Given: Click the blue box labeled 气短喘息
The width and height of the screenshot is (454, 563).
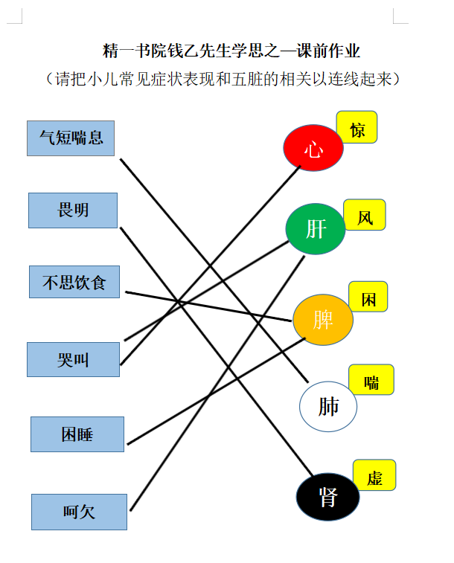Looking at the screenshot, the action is pyautogui.click(x=71, y=138).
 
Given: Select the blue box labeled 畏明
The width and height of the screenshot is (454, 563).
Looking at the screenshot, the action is pyautogui.click(x=73, y=210).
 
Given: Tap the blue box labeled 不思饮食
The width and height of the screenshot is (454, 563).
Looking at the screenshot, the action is pyautogui.click(x=74, y=282).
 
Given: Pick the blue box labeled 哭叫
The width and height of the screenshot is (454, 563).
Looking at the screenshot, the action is pyautogui.click(x=73, y=359).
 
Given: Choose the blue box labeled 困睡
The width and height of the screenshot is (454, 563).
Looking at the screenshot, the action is pyautogui.click(x=77, y=434).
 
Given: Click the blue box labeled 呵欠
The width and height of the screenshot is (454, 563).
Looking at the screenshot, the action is pyautogui.click(x=79, y=512).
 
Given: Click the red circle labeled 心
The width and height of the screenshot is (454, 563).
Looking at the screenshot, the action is pyautogui.click(x=313, y=147).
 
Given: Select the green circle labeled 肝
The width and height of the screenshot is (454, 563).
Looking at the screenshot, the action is pyautogui.click(x=316, y=229).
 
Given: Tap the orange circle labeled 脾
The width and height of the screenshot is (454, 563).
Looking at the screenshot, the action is pyautogui.click(x=323, y=320).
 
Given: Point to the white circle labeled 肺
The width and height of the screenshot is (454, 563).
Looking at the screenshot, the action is pyautogui.click(x=328, y=407).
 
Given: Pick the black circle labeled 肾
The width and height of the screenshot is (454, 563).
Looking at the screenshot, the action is pyautogui.click(x=327, y=497).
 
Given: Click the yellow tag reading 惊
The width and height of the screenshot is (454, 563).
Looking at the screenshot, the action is pyautogui.click(x=357, y=127).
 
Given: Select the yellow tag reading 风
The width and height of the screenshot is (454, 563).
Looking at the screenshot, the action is pyautogui.click(x=365, y=215).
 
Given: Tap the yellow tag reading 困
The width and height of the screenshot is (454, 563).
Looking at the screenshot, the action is pyautogui.click(x=368, y=297).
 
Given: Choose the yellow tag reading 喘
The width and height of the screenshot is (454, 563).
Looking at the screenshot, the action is pyautogui.click(x=371, y=379).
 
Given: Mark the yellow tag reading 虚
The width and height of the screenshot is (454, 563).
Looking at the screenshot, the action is pyautogui.click(x=374, y=475).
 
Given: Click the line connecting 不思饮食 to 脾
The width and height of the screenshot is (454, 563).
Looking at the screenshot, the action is pyautogui.click(x=208, y=306).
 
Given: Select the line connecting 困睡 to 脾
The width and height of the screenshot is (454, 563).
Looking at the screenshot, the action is pyautogui.click(x=217, y=391).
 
